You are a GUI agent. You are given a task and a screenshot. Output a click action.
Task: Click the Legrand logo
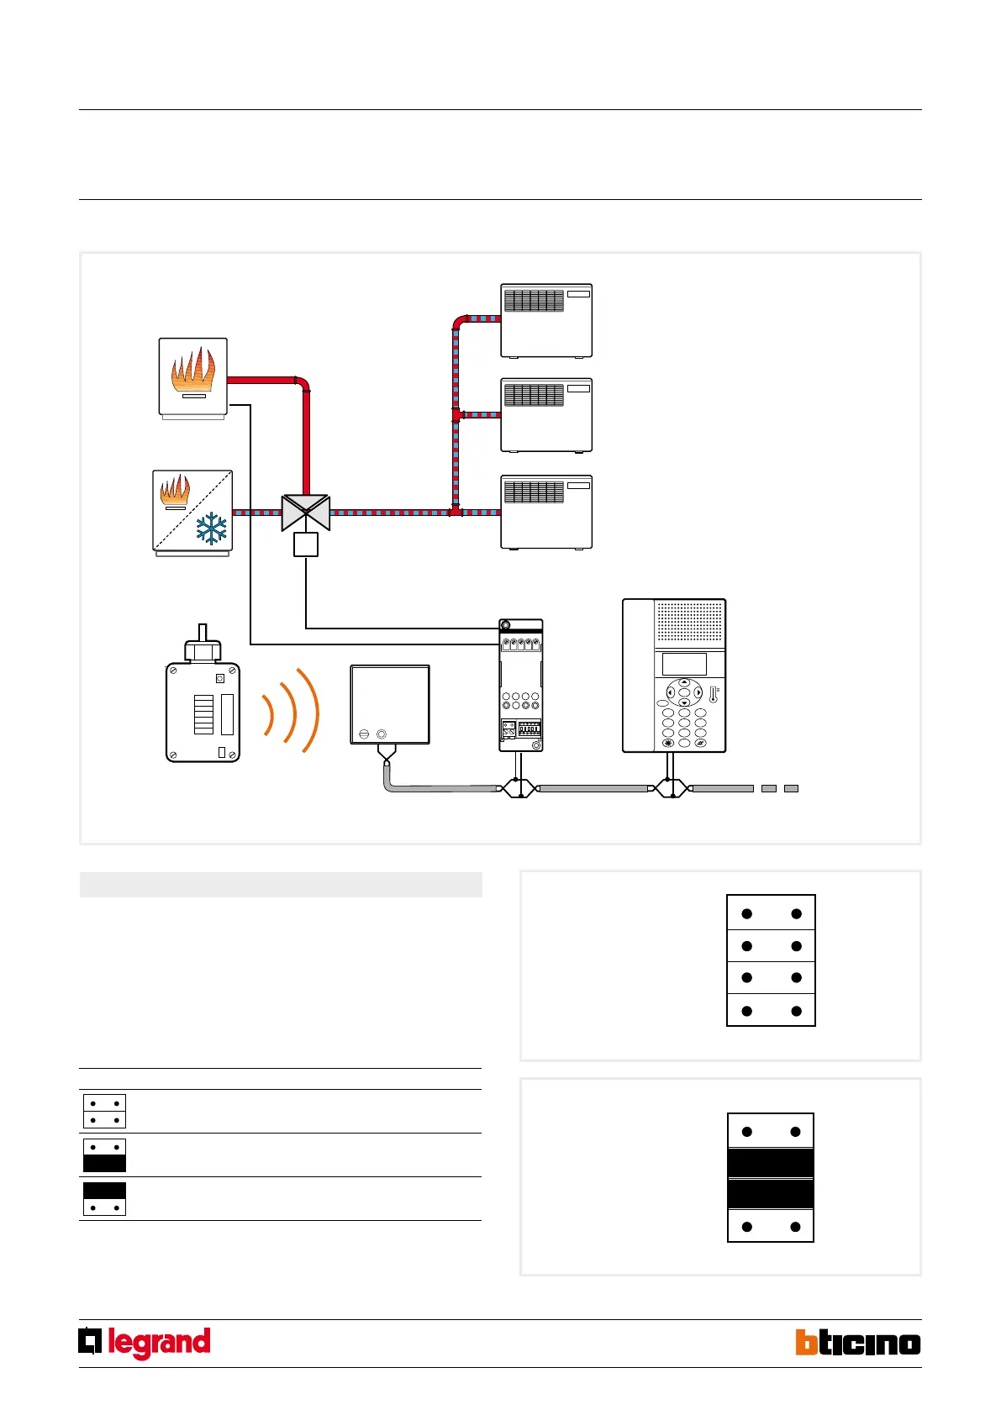145,1343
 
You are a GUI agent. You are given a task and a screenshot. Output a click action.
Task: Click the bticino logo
857,1343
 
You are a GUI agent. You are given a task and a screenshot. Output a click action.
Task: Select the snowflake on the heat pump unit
211,529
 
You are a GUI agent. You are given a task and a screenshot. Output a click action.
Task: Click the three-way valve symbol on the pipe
306,513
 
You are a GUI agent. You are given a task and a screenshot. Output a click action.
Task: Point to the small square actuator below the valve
306,545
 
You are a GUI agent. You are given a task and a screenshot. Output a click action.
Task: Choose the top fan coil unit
546,320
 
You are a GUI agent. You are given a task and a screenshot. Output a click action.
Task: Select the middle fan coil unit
546,415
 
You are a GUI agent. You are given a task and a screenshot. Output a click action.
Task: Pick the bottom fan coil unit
546,512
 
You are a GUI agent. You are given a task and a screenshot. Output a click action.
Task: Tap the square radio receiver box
390,704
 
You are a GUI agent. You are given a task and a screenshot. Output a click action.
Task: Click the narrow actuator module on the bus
520,686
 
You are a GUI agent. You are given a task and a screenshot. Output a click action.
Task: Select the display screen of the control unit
684,664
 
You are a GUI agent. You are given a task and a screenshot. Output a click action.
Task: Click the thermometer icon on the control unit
714,695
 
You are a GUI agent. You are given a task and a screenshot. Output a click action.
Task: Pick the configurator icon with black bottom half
104,1155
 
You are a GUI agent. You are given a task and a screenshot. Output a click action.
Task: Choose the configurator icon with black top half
104,1199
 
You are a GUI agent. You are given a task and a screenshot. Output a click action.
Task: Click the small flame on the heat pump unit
175,490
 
